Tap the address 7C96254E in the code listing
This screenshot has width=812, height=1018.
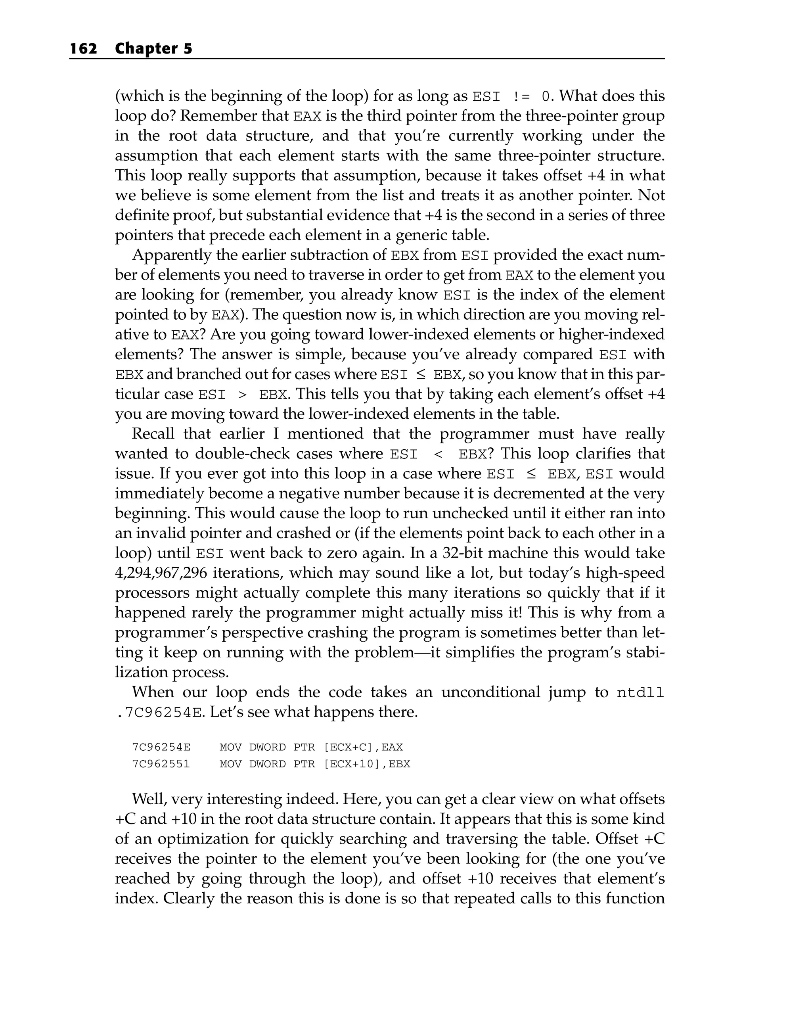click(161, 748)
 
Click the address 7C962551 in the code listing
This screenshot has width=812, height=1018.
click(161, 764)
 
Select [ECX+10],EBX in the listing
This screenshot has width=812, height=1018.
click(367, 764)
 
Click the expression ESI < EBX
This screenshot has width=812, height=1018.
click(438, 454)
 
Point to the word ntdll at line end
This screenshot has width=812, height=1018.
click(640, 693)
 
